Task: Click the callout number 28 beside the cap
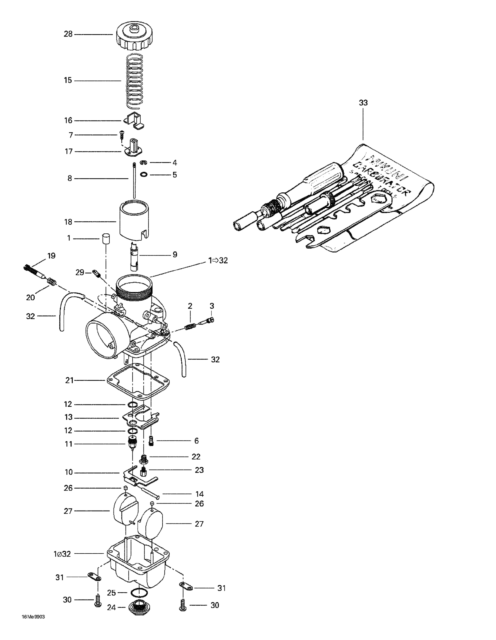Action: [68, 34]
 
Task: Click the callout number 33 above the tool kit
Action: [363, 103]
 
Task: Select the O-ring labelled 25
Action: [138, 593]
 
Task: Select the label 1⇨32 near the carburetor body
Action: [218, 260]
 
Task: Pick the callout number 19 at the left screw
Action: [51, 256]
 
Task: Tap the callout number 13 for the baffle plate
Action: [68, 417]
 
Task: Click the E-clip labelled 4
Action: [143, 163]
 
